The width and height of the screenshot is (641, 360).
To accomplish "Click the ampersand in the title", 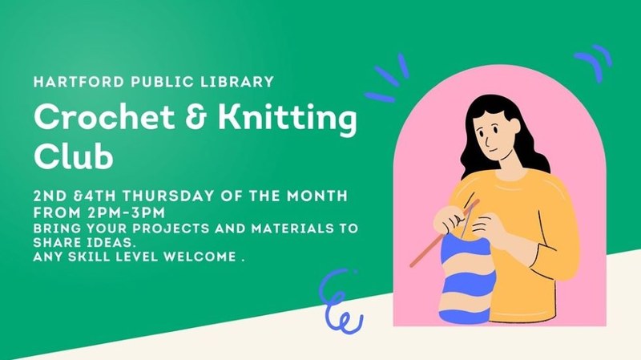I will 183,120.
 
